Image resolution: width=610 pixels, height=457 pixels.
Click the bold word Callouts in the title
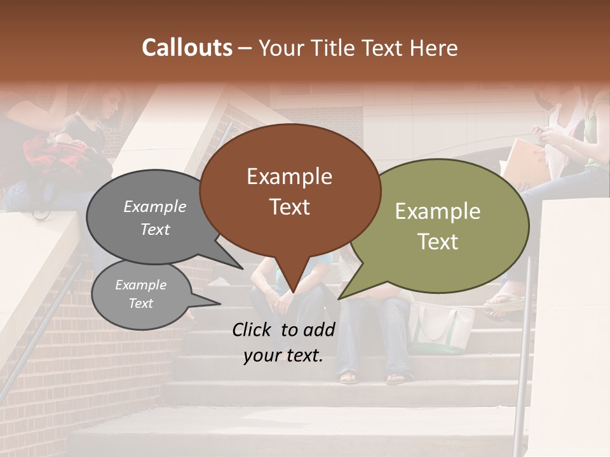187,48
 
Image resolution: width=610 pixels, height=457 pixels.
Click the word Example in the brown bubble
289,176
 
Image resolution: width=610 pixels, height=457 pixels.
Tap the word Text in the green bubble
438,242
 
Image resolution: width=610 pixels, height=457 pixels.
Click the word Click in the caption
252,329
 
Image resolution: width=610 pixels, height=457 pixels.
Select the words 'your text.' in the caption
283,355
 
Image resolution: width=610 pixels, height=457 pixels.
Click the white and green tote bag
440,327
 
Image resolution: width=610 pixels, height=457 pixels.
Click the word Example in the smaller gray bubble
140,285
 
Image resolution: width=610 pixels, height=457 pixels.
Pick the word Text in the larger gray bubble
155,229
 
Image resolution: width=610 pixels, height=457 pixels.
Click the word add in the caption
318,329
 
